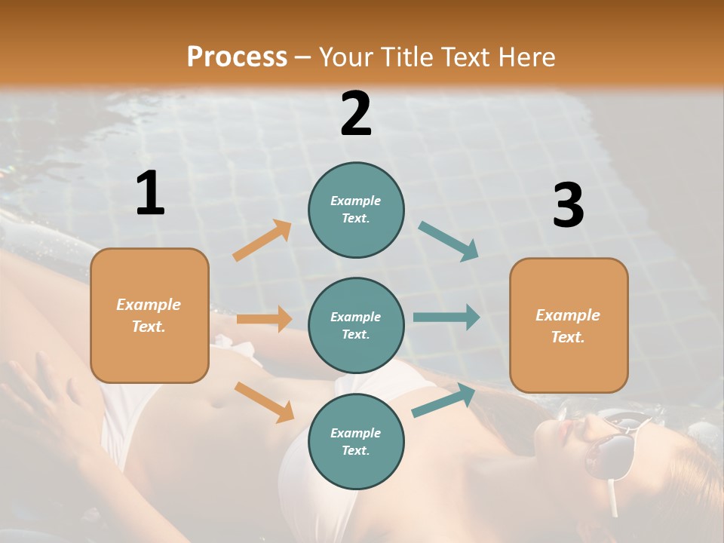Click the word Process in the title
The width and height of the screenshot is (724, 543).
coord(237,57)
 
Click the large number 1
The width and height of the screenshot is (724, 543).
coord(150,193)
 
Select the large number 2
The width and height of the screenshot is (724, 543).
coord(356,114)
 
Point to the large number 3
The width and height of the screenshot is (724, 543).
coord(568,206)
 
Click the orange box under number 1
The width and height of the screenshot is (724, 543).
coord(149,315)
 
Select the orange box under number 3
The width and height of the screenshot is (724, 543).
coord(569,325)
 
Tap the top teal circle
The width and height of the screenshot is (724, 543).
coord(356,210)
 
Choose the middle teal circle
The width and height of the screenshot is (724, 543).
coord(356,325)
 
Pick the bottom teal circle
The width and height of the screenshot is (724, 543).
coord(356,441)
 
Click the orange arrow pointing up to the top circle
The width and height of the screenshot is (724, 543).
coord(262,241)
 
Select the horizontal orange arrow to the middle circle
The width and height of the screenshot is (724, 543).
coord(264,319)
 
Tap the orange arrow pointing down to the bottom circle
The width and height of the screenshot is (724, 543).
coord(264,401)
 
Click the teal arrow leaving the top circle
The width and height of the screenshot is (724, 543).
coord(448,241)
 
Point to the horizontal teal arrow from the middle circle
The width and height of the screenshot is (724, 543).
coord(446,317)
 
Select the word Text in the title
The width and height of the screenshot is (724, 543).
coord(467,57)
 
